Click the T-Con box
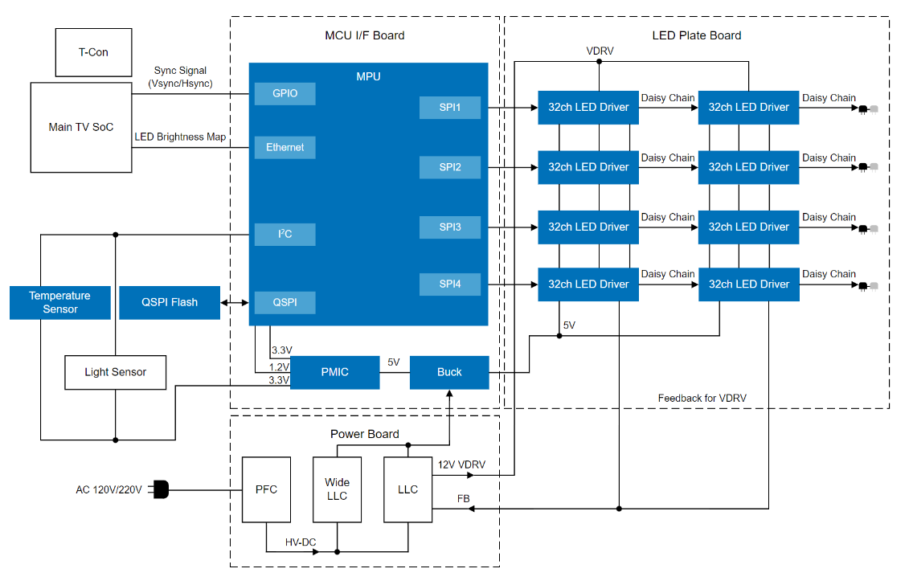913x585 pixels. [x=93, y=52]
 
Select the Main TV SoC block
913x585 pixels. [x=81, y=127]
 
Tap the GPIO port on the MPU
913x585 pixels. [x=285, y=94]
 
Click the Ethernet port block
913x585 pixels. [x=285, y=147]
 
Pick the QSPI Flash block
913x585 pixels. [x=170, y=303]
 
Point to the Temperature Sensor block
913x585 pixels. [x=60, y=303]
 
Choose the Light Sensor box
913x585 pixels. [x=116, y=373]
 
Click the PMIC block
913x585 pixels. [x=334, y=372]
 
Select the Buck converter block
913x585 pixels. [x=449, y=372]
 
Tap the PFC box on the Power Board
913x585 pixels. [x=266, y=489]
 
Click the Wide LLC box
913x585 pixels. [x=337, y=489]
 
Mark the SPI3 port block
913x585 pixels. [x=450, y=227]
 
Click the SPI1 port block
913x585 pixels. [x=450, y=107]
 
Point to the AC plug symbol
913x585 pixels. [x=160, y=489]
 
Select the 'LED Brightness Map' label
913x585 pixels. [x=180, y=137]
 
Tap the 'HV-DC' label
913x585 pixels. [x=301, y=542]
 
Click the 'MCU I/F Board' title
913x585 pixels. [x=364, y=35]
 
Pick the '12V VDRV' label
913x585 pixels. [x=461, y=464]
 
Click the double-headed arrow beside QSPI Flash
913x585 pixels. [x=235, y=303]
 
